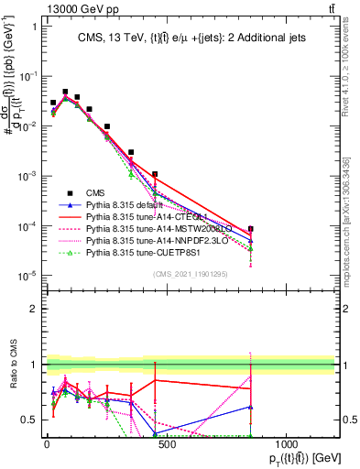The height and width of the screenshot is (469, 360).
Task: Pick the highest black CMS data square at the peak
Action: point(65,92)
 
